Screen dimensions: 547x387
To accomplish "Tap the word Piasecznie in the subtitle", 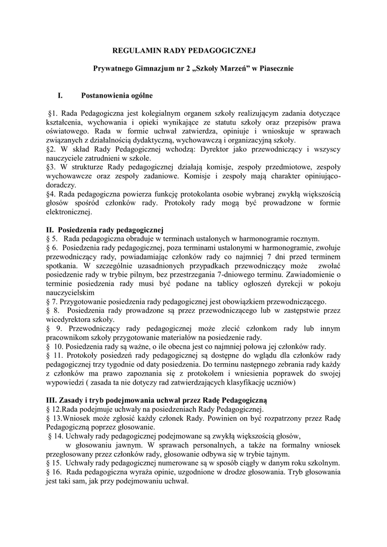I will pos(276,69).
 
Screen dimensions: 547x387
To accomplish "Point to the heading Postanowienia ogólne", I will pos(117,96).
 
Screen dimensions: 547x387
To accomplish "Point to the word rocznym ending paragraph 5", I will pos(306,238).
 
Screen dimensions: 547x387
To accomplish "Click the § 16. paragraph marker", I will pos(54,472).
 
